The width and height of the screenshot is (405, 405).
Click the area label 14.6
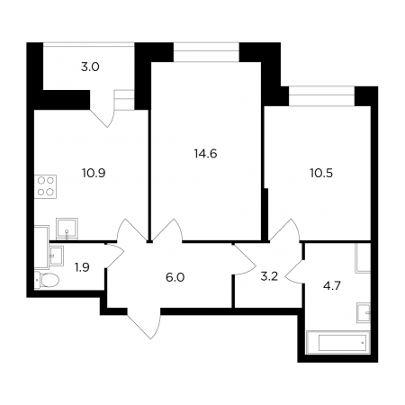[x=205, y=154]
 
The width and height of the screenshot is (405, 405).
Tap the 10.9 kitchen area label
[x=94, y=173]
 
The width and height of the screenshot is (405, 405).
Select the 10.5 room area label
[x=321, y=173]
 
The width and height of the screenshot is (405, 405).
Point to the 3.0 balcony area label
[x=90, y=67]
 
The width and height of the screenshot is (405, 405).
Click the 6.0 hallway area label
[x=175, y=277]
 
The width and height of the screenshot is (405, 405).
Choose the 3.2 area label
[x=269, y=276]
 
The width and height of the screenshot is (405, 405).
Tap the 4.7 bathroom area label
[x=332, y=286]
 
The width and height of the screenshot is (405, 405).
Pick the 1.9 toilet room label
[x=82, y=267]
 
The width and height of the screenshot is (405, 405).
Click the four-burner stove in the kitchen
[x=46, y=186]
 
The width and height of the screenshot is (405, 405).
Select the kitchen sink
[x=67, y=229]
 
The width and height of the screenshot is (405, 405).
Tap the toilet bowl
[x=47, y=280]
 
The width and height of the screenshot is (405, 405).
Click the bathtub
[x=337, y=342]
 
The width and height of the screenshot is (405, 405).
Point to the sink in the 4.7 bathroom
[x=364, y=312]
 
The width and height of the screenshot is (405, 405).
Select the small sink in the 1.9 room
[x=56, y=256]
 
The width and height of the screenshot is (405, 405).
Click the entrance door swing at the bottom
[x=144, y=323]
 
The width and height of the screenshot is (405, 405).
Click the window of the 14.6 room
[x=206, y=52]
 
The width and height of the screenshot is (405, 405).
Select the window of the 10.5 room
[x=321, y=96]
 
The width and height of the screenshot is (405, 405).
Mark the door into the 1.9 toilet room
[x=114, y=256]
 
